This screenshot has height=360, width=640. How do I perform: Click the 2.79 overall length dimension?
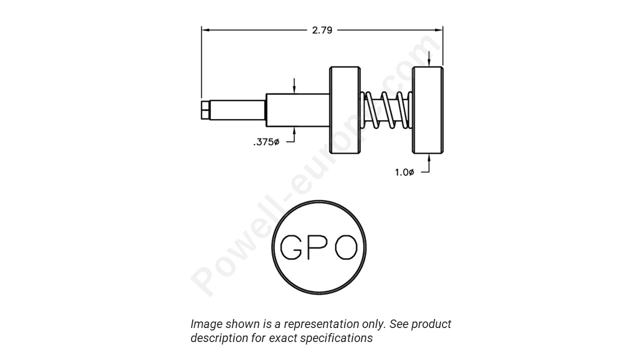tap(322, 30)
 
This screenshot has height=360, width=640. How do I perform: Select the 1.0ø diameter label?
tap(404, 172)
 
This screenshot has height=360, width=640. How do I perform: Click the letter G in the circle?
tap(290, 247)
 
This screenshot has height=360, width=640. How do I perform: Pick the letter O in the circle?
tap(346, 247)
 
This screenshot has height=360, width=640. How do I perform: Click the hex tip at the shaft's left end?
tap(204, 110)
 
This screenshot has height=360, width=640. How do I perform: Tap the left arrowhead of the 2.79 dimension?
tap(204, 30)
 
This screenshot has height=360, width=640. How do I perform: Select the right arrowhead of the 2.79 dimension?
tap(439, 30)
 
